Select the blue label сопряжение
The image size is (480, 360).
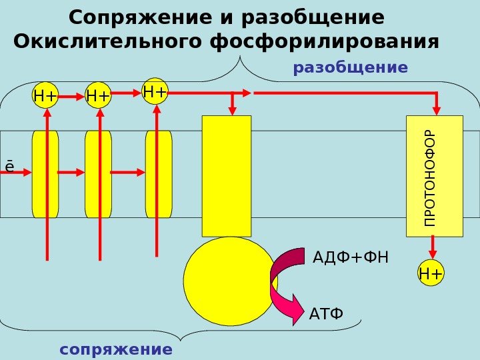tap(115, 349)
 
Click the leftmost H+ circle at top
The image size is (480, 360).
tap(45, 97)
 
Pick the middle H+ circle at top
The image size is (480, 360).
tap(98, 97)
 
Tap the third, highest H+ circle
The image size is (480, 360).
tap(155, 90)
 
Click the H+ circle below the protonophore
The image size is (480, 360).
tap(431, 273)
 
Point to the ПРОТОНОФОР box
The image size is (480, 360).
tap(434, 176)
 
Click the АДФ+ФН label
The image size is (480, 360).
tap(350, 257)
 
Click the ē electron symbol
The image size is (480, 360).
tap(9, 165)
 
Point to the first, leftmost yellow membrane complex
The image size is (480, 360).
tap(45, 174)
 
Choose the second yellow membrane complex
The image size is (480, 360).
tap(98, 174)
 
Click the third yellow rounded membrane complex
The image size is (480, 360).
tap(158, 174)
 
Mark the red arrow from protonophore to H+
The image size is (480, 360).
tap(432, 249)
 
